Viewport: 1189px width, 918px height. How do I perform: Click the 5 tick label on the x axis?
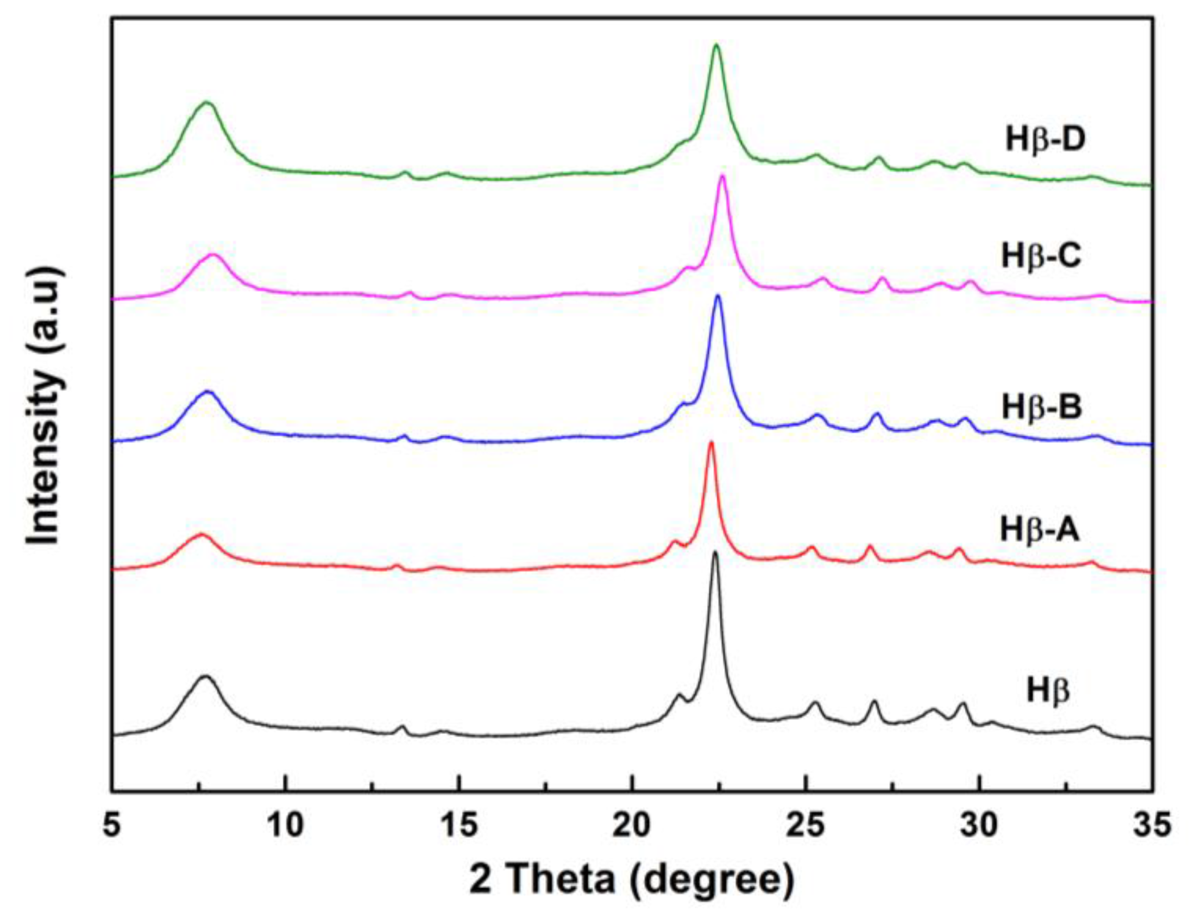click(x=112, y=825)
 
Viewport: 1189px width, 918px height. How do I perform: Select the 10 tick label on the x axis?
click(x=285, y=825)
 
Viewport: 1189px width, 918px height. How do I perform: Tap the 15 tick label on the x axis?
click(x=458, y=825)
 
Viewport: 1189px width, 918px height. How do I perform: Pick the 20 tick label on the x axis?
click(x=632, y=825)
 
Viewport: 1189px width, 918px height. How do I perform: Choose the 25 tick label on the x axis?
click(x=805, y=825)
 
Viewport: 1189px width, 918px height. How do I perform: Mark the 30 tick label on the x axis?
click(x=979, y=825)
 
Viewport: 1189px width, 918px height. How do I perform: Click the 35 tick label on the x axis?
click(x=1152, y=825)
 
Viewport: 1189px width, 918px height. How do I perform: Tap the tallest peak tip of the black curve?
click(x=715, y=553)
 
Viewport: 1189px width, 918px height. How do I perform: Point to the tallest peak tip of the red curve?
click(x=710, y=442)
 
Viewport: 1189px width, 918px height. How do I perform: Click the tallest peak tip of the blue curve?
click(x=718, y=296)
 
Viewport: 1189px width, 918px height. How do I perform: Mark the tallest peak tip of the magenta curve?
click(x=722, y=176)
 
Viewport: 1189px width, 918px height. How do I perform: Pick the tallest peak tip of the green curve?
click(x=717, y=45)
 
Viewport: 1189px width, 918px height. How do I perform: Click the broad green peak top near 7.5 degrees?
click(x=206, y=102)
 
